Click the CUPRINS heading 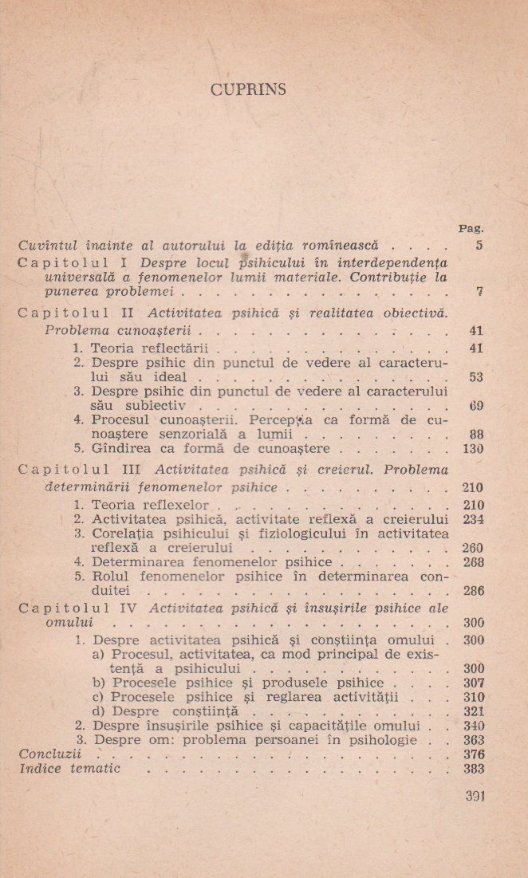[248, 89]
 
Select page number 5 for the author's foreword [479, 246]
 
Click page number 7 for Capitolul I [479, 292]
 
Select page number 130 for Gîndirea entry [474, 449]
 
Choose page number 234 [474, 520]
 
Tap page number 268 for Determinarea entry [474, 562]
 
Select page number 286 [474, 591]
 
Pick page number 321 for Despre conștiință [474, 711]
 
